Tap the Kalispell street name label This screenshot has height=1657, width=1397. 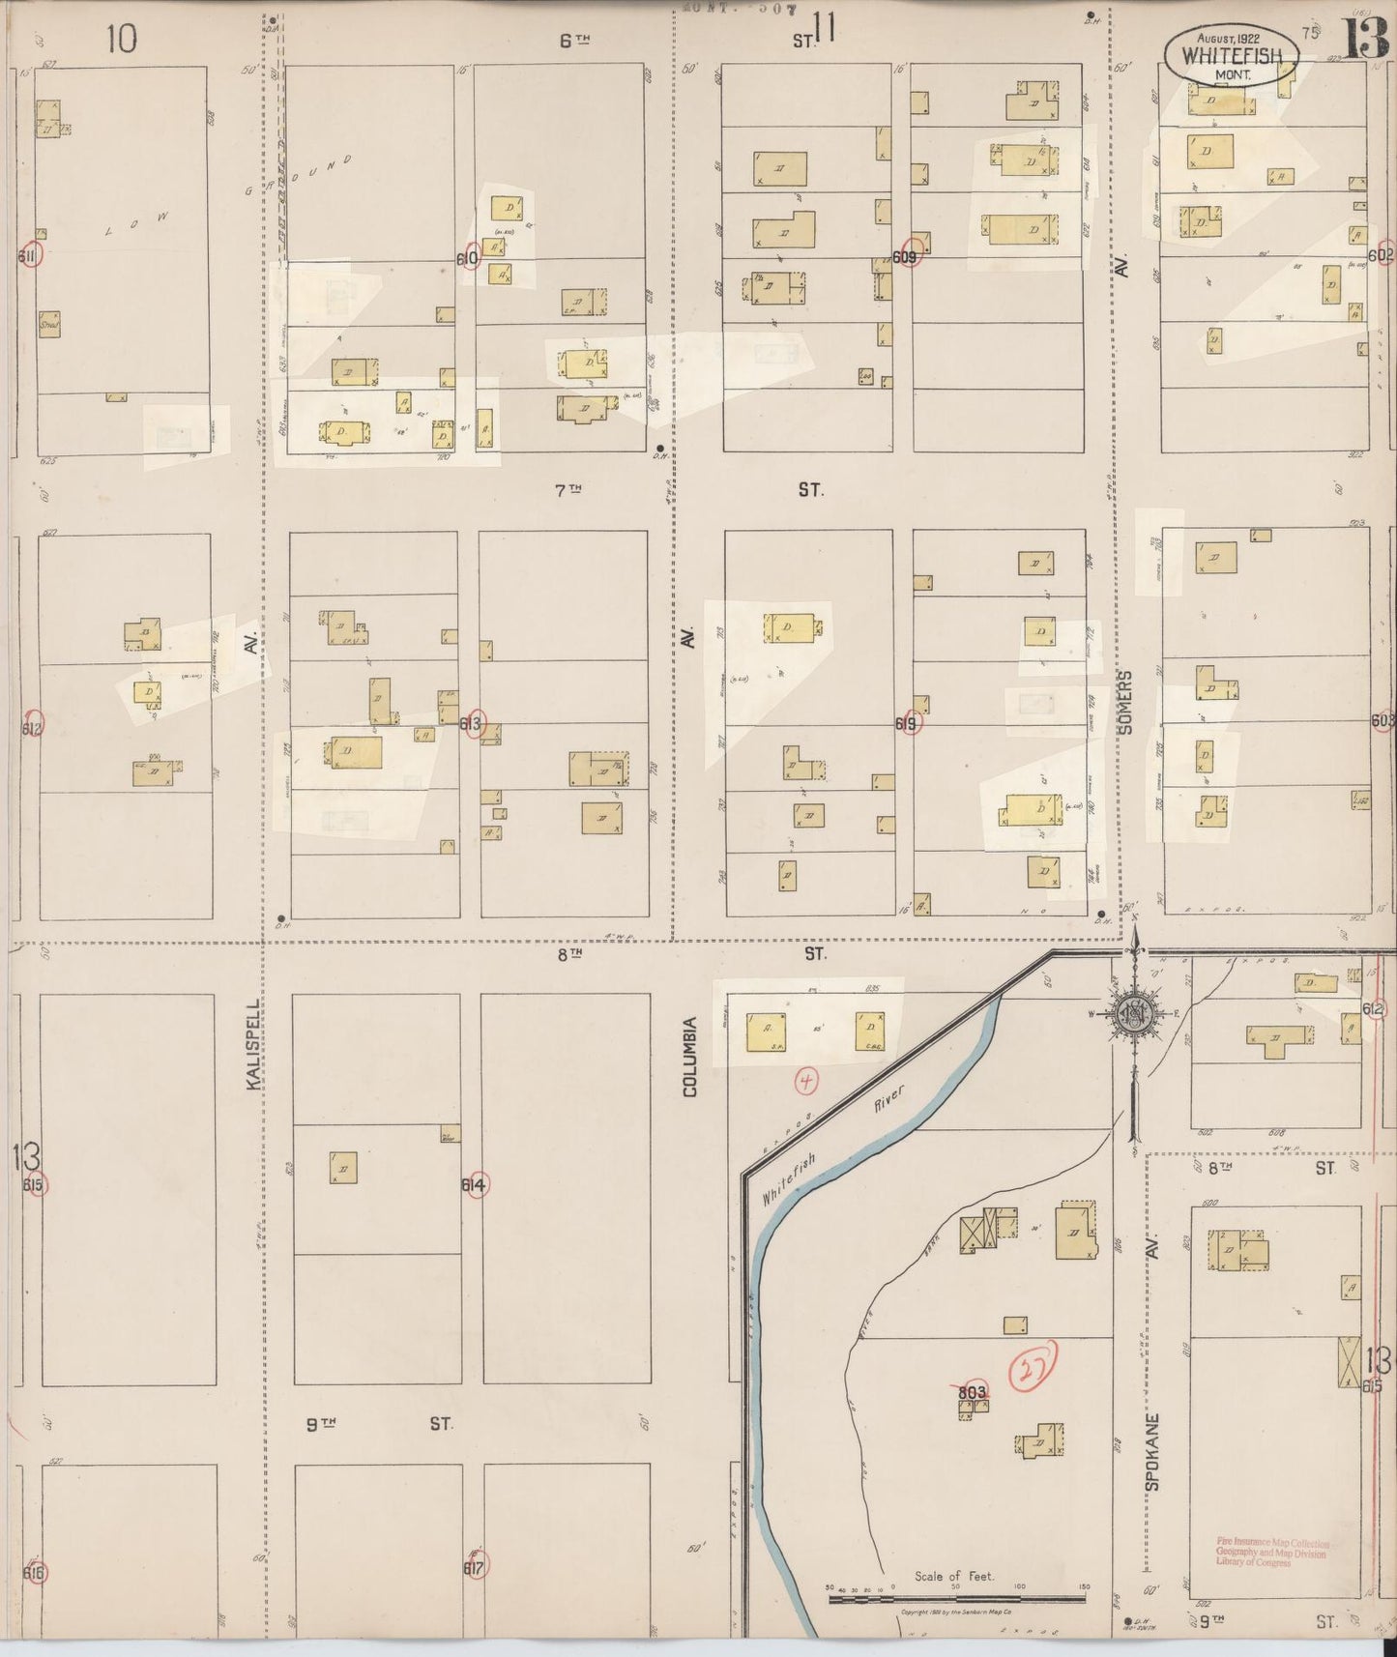pos(253,1045)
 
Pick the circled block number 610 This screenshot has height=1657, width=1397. pos(469,258)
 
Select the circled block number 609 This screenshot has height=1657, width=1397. pos(907,257)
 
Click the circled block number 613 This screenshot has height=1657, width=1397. pos(472,724)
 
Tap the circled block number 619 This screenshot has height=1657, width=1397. pos(907,724)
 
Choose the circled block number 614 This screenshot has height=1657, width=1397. pos(475,1184)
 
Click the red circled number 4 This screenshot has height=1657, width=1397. pos(806,1082)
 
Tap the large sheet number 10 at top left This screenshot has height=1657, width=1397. pos(122,40)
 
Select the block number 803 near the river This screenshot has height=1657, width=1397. pos(972,1392)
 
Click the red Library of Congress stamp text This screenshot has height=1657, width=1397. pos(1271,1553)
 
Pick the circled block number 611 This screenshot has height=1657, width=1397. pos(28,257)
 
